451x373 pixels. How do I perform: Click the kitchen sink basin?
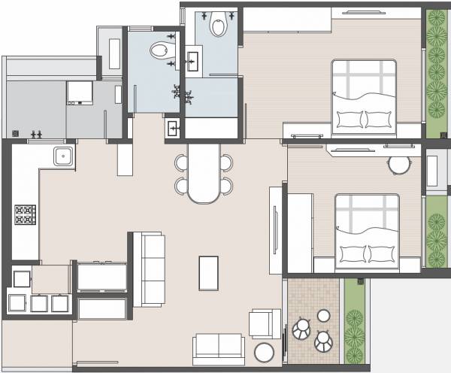(63, 156)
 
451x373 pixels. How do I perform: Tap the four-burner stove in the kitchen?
(25, 215)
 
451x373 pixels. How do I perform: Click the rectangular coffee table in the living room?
(208, 272)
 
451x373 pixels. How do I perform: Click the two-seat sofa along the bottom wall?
(218, 347)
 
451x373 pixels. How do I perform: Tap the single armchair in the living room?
(265, 323)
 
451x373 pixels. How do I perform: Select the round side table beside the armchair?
(265, 353)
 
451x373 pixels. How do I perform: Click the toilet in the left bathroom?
(159, 51)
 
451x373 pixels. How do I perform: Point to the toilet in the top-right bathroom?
(219, 25)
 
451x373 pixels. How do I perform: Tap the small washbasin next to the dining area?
(173, 127)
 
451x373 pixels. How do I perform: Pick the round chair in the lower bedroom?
(398, 165)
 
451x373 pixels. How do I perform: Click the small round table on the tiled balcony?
(324, 316)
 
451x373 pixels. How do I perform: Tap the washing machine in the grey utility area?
(79, 92)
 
